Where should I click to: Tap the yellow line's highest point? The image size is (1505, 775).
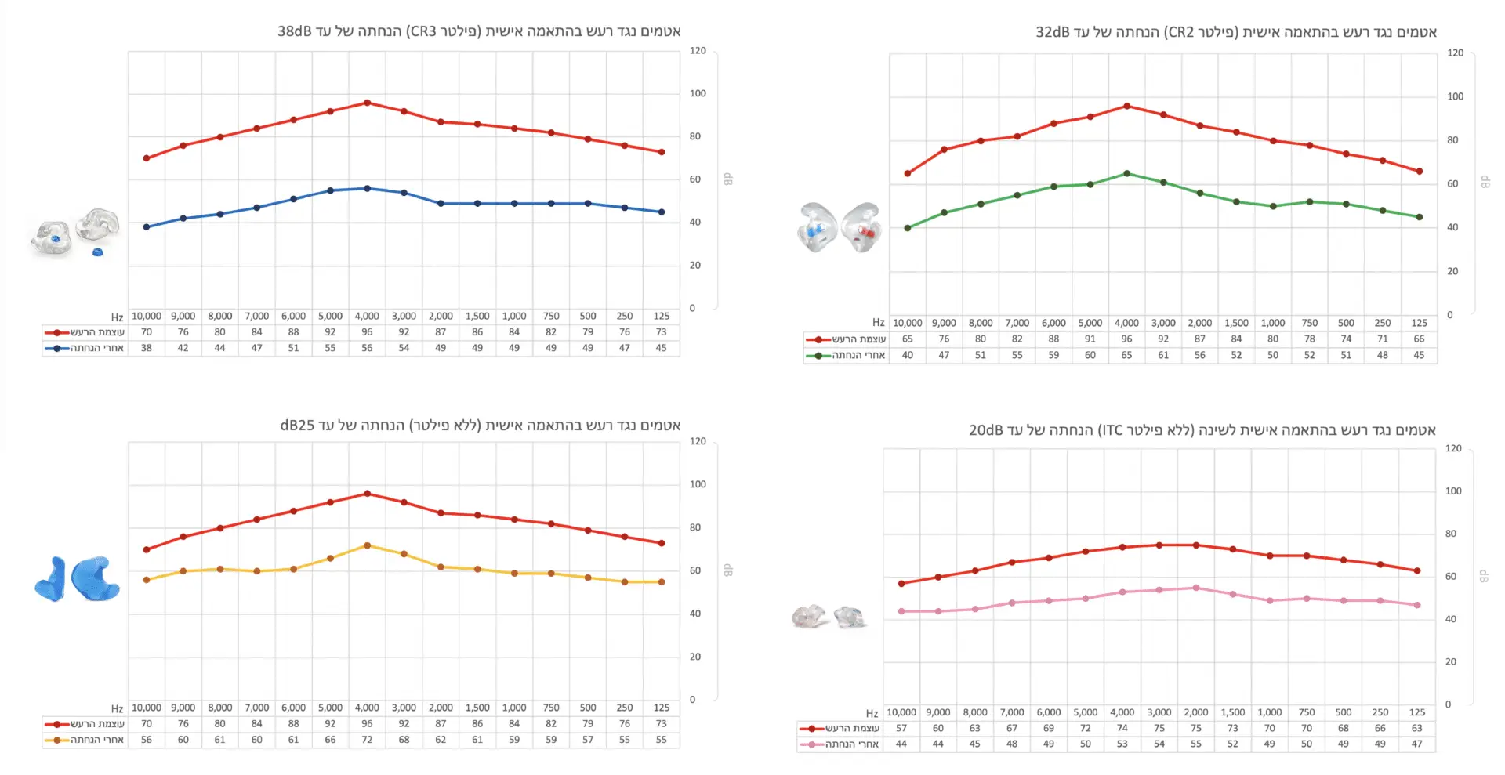pyautogui.click(x=367, y=545)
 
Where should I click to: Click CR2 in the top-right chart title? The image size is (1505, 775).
pyautogui.click(x=1179, y=32)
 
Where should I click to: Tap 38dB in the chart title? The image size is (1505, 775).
pyautogui.click(x=295, y=31)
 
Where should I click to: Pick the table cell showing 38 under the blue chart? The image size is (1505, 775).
pyautogui.click(x=147, y=348)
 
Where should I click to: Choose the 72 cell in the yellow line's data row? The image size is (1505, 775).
pyautogui.click(x=367, y=740)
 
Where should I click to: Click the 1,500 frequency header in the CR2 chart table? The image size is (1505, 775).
pyautogui.click(x=1236, y=323)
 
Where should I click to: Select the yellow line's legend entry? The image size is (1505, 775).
pyautogui.click(x=85, y=740)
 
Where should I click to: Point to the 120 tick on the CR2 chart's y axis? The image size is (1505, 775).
pyautogui.click(x=1455, y=53)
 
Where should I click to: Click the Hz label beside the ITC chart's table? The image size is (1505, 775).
pyautogui.click(x=872, y=713)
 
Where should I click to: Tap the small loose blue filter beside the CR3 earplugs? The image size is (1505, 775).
pyautogui.click(x=97, y=252)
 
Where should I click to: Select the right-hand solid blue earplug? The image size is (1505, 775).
pyautogui.click(x=95, y=579)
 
